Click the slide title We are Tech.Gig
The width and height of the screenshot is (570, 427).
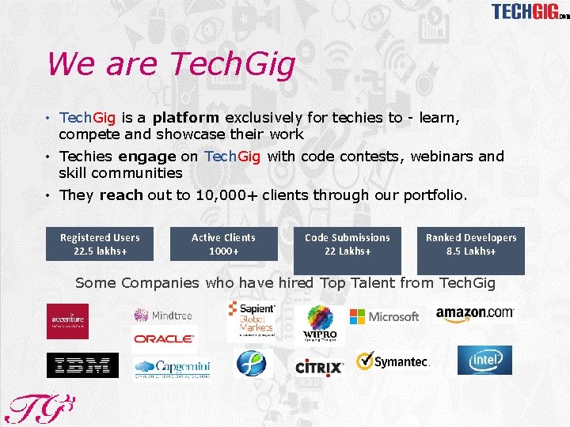170,64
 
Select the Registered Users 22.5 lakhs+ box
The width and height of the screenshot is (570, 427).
100,244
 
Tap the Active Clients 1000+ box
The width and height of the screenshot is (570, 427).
224,244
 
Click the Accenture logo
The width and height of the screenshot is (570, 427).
67,320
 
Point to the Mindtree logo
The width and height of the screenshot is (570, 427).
163,315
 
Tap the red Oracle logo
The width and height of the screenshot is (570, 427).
164,338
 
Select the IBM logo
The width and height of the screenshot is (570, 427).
82,365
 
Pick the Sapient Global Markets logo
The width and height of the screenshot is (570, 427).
253,319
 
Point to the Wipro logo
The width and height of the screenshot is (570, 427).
320,323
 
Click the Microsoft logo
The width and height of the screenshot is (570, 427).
384,316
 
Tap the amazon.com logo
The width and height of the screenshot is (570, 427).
475,315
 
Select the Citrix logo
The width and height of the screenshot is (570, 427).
319,368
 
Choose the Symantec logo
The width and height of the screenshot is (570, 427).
392,362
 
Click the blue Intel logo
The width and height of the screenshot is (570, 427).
484,361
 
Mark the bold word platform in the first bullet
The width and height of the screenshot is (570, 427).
186,118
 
